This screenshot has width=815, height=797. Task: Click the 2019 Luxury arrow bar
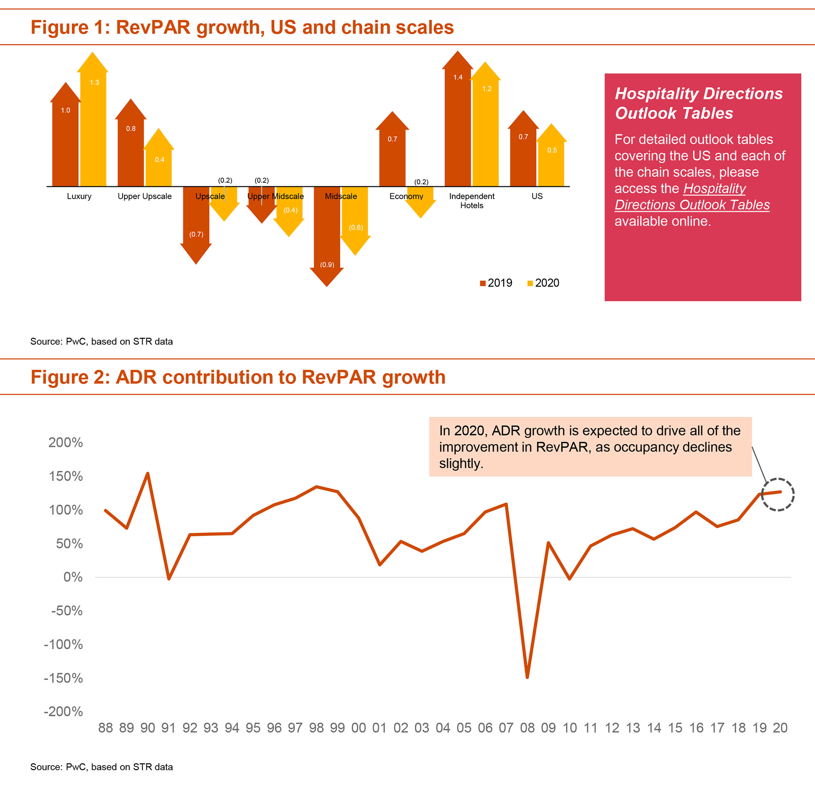coord(65,138)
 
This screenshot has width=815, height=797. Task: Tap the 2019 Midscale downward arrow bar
coord(326,235)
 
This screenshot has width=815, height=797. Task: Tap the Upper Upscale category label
coord(145,196)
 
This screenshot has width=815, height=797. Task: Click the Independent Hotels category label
coord(472,201)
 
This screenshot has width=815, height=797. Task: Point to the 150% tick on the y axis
coord(66,476)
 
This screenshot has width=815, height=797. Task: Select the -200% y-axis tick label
coord(63,712)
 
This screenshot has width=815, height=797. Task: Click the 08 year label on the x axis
coord(527,728)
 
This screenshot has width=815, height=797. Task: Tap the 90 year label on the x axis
coord(148,728)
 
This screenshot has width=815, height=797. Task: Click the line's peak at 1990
coord(148,474)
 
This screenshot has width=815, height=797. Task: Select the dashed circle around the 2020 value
coord(778,494)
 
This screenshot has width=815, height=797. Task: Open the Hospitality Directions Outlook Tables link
coord(692,197)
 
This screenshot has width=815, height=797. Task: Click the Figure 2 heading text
coord(238,377)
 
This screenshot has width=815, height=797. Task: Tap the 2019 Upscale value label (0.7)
coord(196,235)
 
